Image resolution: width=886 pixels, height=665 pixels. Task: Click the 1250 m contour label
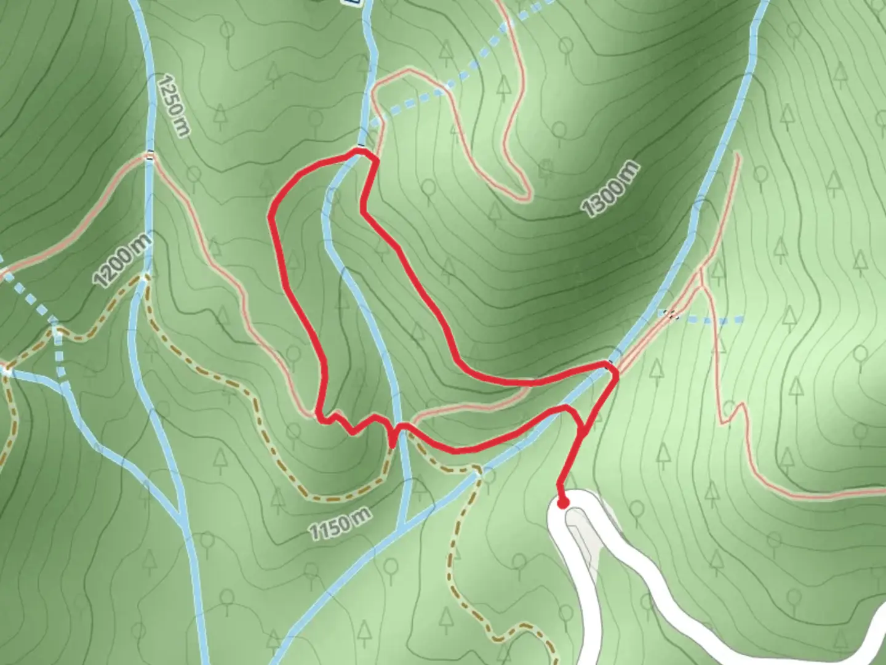point(174,105)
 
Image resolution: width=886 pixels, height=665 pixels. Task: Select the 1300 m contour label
point(611,190)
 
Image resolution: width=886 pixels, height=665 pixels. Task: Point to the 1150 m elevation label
point(340,525)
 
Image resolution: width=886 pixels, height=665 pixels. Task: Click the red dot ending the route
point(562,503)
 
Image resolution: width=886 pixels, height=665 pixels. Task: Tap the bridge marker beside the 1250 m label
point(150,157)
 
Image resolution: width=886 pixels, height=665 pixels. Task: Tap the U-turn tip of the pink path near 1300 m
point(526,196)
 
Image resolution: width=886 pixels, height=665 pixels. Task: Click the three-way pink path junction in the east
point(702,274)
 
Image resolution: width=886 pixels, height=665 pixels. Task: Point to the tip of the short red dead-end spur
point(393,445)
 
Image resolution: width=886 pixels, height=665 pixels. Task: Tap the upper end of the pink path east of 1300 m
point(736,155)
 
